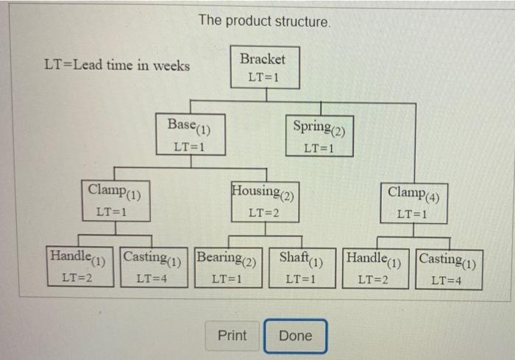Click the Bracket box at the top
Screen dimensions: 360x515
coord(263,67)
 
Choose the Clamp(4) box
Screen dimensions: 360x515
coord(413,202)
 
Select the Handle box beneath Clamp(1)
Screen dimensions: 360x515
coord(78,267)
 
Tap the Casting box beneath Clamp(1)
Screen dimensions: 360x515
coord(152,267)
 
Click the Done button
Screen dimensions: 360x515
coord(296,336)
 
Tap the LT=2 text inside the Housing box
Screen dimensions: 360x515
coord(263,213)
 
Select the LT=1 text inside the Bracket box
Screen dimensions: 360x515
coord(263,77)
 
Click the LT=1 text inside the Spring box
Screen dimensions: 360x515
coord(319,147)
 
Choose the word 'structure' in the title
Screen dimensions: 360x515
coord(302,21)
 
